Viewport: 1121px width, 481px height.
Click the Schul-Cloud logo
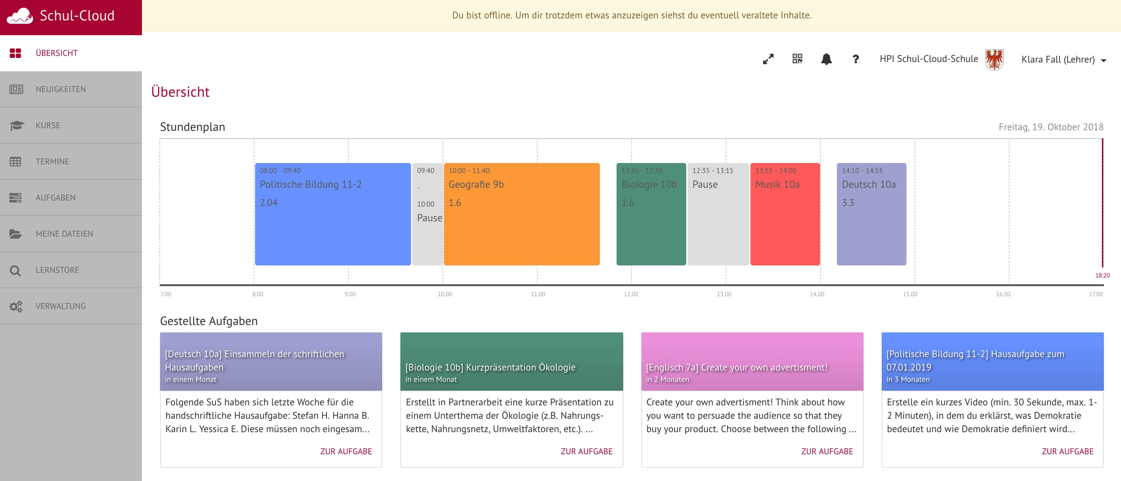tap(61, 16)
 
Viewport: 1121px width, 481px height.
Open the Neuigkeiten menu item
tap(61, 89)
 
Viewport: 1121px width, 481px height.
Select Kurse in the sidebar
tap(48, 126)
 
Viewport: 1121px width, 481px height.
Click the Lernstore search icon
tap(15, 270)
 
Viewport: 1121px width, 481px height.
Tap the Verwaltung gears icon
tap(16, 307)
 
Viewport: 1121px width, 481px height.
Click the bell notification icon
tap(826, 59)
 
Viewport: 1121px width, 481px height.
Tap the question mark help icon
tap(855, 59)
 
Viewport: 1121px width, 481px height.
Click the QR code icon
tap(797, 59)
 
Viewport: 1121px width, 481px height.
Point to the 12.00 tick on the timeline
tap(631, 294)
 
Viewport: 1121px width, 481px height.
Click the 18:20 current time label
tap(1102, 275)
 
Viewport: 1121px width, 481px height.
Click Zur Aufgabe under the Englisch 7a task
tap(826, 452)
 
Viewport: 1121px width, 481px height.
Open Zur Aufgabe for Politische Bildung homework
tap(1067, 452)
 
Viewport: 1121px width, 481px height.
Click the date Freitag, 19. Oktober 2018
tap(1050, 127)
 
